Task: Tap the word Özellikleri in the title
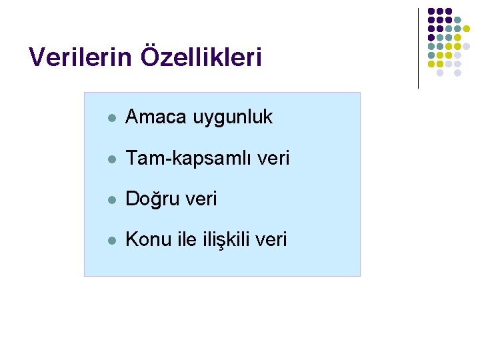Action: (x=201, y=57)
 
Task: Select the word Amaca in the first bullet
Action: (x=157, y=117)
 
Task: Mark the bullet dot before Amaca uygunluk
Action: (x=112, y=119)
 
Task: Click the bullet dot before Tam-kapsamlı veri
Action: (x=112, y=159)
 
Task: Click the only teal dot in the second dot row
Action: (x=458, y=20)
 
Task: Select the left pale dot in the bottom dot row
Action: (x=440, y=73)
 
